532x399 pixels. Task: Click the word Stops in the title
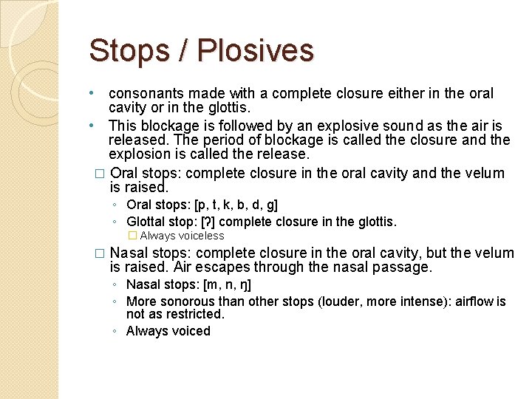click(x=129, y=50)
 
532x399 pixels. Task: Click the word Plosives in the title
click(x=257, y=50)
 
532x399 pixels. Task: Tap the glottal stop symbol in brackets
click(x=205, y=222)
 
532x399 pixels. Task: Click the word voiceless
click(x=199, y=236)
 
